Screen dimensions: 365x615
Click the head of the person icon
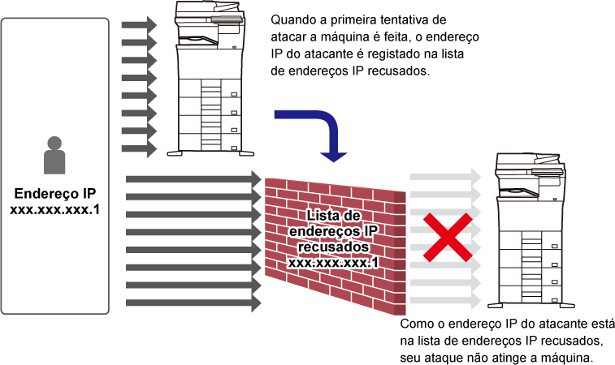pyautogui.click(x=54, y=144)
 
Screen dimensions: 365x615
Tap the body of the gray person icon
pyautogui.click(x=54, y=162)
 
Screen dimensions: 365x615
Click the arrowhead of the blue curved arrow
pyautogui.click(x=333, y=155)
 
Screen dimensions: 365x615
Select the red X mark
pyautogui.click(x=447, y=238)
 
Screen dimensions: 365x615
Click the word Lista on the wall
pyautogui.click(x=323, y=216)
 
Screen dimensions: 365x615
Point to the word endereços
pyautogui.click(x=319, y=231)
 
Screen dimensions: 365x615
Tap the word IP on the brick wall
pyautogui.click(x=370, y=231)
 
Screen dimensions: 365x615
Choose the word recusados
pyautogui.click(x=334, y=247)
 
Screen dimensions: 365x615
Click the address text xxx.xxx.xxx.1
pyautogui.click(x=334, y=263)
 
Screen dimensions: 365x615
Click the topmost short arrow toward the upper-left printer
pyautogui.click(x=139, y=25)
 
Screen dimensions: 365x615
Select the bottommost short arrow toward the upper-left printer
pyautogui.click(x=139, y=149)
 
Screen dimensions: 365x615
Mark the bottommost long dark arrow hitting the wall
pyautogui.click(x=193, y=303)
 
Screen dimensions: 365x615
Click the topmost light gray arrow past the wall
pyautogui.click(x=445, y=176)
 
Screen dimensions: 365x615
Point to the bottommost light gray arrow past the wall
pyautogui.click(x=445, y=301)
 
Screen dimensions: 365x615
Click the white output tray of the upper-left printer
pyautogui.click(x=202, y=39)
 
